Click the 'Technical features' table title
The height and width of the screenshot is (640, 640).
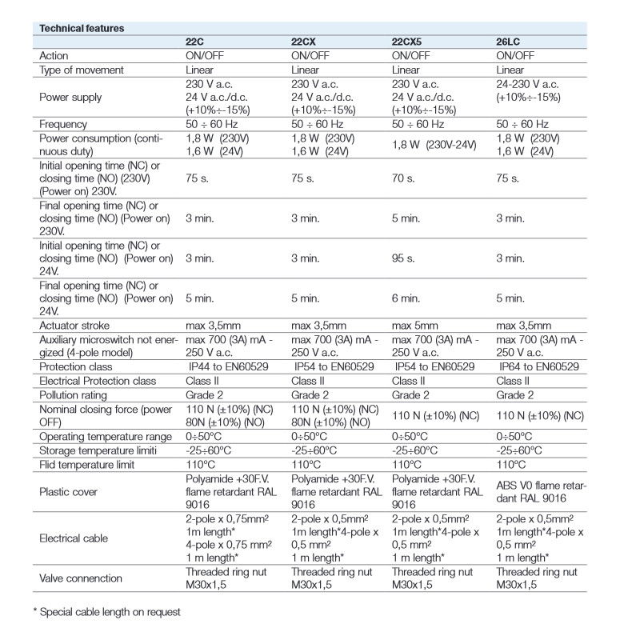click(x=82, y=28)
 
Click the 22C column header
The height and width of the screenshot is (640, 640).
click(x=196, y=42)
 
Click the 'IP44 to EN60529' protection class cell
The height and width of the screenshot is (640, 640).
click(x=227, y=366)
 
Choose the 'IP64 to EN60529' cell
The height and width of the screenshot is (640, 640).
click(x=541, y=366)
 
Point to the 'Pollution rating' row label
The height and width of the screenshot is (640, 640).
click(x=74, y=395)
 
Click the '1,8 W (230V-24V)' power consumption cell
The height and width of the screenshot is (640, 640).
click(x=437, y=144)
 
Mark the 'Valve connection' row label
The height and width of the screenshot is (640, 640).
click(x=80, y=578)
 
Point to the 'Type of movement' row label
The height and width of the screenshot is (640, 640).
click(x=81, y=70)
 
